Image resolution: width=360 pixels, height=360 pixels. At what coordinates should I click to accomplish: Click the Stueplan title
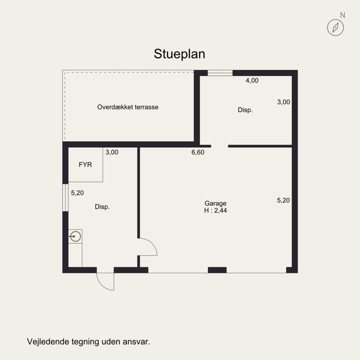tap(179, 54)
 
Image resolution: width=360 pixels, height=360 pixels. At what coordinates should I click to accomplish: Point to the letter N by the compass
tap(342, 15)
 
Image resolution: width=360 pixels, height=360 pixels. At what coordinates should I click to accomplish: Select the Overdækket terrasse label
tap(128, 107)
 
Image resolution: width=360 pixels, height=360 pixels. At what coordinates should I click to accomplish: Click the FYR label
tap(85, 165)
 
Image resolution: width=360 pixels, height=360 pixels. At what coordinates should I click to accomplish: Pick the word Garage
tap(216, 203)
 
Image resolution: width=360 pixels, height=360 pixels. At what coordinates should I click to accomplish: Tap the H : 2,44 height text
tap(216, 211)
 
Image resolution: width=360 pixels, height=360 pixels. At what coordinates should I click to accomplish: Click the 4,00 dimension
tap(252, 81)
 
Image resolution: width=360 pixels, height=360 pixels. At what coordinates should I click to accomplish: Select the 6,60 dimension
tap(198, 152)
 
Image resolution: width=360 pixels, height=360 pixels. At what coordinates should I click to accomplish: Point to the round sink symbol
tap(76, 236)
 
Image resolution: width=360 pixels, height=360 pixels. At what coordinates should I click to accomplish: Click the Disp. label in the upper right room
tap(245, 110)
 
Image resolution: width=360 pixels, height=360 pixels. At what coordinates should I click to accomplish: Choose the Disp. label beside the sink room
tap(102, 207)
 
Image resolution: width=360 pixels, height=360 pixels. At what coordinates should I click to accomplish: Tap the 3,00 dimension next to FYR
tap(112, 152)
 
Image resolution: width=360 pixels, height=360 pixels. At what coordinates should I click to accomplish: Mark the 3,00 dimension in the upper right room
tap(283, 102)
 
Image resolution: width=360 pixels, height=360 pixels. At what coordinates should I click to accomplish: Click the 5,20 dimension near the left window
tap(77, 193)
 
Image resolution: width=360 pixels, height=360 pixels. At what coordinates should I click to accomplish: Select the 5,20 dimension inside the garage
tap(283, 200)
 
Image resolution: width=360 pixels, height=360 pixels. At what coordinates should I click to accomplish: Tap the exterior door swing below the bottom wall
tap(101, 285)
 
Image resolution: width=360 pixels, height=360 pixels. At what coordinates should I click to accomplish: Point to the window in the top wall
tap(220, 73)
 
